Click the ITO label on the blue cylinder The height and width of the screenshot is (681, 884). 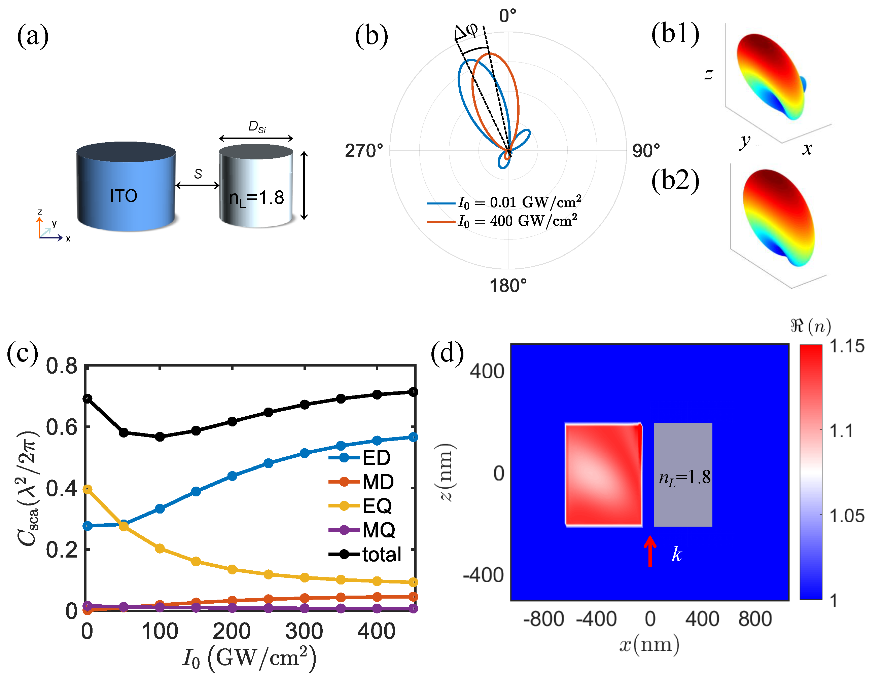coord(123,196)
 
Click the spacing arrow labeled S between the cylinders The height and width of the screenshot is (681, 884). coord(198,185)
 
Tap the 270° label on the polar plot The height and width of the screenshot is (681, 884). coord(363,151)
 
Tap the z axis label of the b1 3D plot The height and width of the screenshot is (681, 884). coord(708,74)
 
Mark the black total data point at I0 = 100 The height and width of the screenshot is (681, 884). coord(160,437)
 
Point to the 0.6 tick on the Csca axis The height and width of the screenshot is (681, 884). coord(62,427)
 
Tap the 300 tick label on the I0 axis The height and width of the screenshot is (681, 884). coord(304,631)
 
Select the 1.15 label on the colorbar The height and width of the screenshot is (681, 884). coord(847,346)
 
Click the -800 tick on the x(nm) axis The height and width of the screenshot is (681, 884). coord(543,619)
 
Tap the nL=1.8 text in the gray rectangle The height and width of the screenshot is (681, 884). coord(684,478)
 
